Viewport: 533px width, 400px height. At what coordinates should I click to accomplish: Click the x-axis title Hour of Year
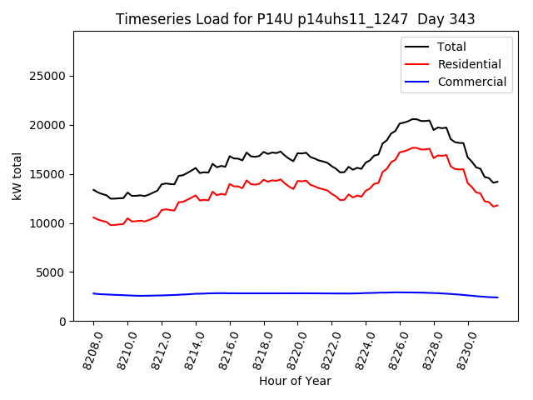point(294,381)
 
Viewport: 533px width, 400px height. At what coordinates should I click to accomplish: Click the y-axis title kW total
point(17,176)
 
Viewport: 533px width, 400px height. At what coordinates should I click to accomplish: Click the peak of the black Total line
point(414,119)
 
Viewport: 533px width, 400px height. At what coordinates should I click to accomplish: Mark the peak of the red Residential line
point(414,147)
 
